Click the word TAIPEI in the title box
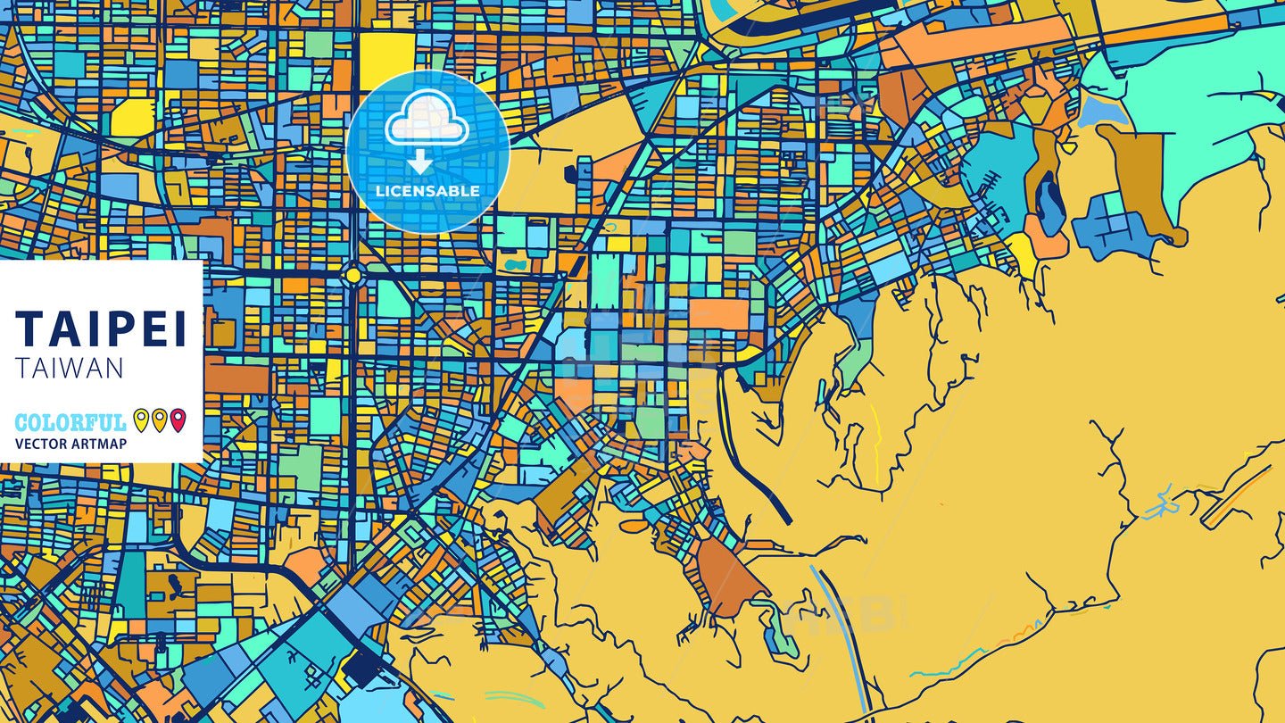point(101,328)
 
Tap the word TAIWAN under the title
point(70,369)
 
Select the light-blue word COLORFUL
point(70,422)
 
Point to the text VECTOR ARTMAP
point(70,444)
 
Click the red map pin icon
point(178,420)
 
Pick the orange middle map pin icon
point(159,420)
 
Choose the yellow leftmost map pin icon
point(141,420)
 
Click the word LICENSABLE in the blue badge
point(427,191)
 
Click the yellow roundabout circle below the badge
point(353,275)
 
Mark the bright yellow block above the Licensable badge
point(386,61)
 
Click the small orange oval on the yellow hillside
point(634,526)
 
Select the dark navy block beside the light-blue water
point(361,666)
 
